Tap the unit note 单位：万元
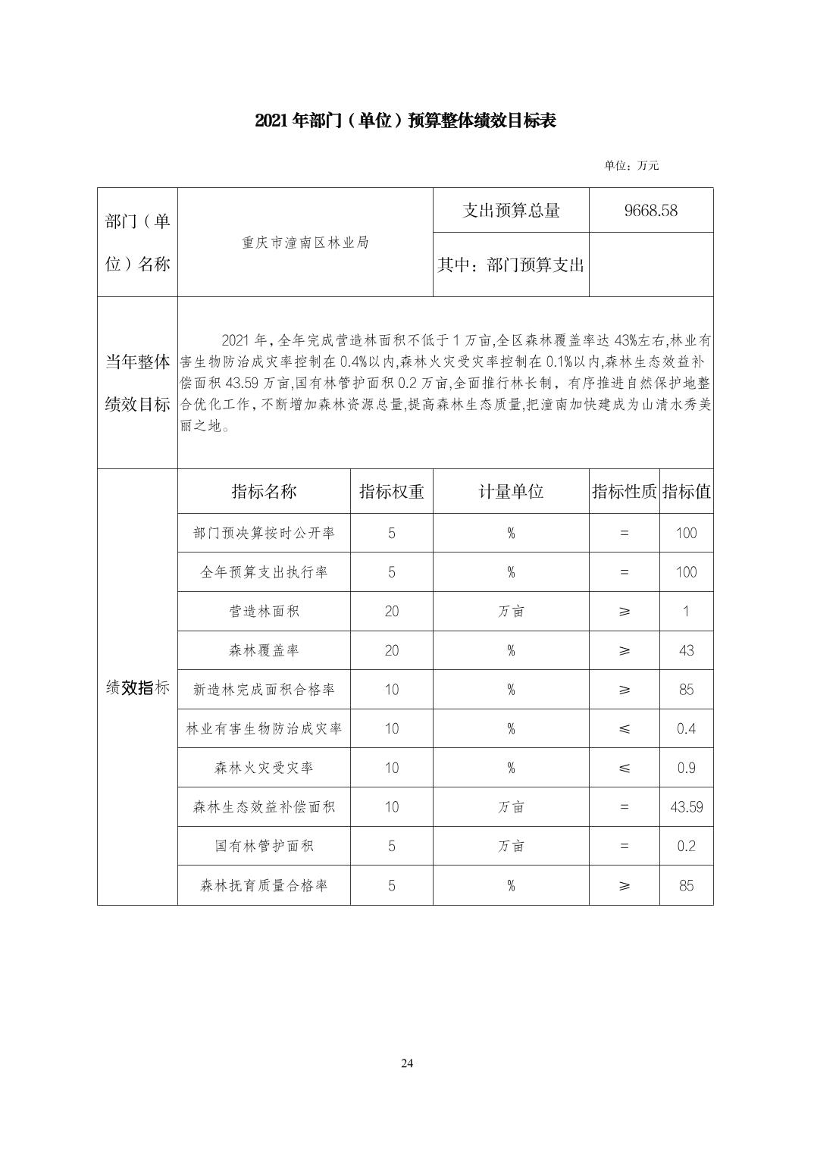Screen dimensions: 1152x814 pos(631,165)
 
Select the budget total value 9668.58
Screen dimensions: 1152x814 pos(650,211)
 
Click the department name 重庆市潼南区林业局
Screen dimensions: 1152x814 pos(305,243)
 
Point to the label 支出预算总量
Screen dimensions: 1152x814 pos(511,211)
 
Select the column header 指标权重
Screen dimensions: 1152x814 pos(391,492)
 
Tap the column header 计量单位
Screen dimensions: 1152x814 pos(511,492)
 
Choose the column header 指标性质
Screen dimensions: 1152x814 pos(624,492)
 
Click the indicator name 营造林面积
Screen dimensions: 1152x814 pos(264,612)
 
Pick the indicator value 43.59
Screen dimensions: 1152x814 pos(686,807)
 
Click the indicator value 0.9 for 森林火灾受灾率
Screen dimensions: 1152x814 pos(686,768)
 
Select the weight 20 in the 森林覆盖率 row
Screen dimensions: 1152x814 pos(391,651)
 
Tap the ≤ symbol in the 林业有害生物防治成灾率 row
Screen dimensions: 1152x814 pos(624,729)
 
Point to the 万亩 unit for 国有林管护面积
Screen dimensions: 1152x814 pos(511,847)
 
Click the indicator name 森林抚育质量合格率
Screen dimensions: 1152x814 pos(264,886)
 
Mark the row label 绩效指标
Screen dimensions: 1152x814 pos(137,688)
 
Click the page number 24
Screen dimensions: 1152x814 pos(407,1063)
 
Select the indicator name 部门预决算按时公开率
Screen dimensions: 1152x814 pos(264,534)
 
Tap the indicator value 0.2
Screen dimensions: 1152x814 pos(686,847)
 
